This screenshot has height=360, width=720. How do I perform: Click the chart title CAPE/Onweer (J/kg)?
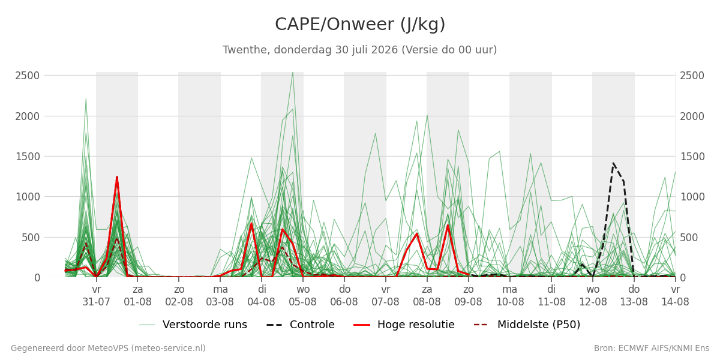[360, 25]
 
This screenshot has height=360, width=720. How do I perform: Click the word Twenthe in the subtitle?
[246, 50]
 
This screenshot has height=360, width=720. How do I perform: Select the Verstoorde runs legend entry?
[193, 325]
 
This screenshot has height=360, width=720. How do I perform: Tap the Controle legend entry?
[301, 325]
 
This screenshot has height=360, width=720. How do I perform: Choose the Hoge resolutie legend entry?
[404, 325]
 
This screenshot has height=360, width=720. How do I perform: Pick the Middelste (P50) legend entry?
[527, 325]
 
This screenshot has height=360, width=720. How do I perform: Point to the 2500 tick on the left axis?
[28, 76]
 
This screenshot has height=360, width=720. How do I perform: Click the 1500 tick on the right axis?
[692, 157]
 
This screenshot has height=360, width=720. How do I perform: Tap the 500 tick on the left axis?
[31, 238]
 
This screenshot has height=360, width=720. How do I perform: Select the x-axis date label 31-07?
[97, 302]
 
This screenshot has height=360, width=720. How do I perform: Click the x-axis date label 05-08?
[303, 302]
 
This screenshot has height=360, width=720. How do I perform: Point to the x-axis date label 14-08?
[676, 302]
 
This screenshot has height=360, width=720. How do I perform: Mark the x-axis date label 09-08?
[469, 302]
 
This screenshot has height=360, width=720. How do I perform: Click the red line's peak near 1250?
[117, 177]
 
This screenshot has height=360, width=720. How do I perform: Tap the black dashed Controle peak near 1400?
[613, 163]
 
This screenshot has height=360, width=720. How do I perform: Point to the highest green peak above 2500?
[293, 73]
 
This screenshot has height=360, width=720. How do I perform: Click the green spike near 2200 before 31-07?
[86, 98]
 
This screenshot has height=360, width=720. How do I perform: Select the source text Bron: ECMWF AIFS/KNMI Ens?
[652, 348]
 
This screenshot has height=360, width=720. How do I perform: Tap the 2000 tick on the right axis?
[692, 116]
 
